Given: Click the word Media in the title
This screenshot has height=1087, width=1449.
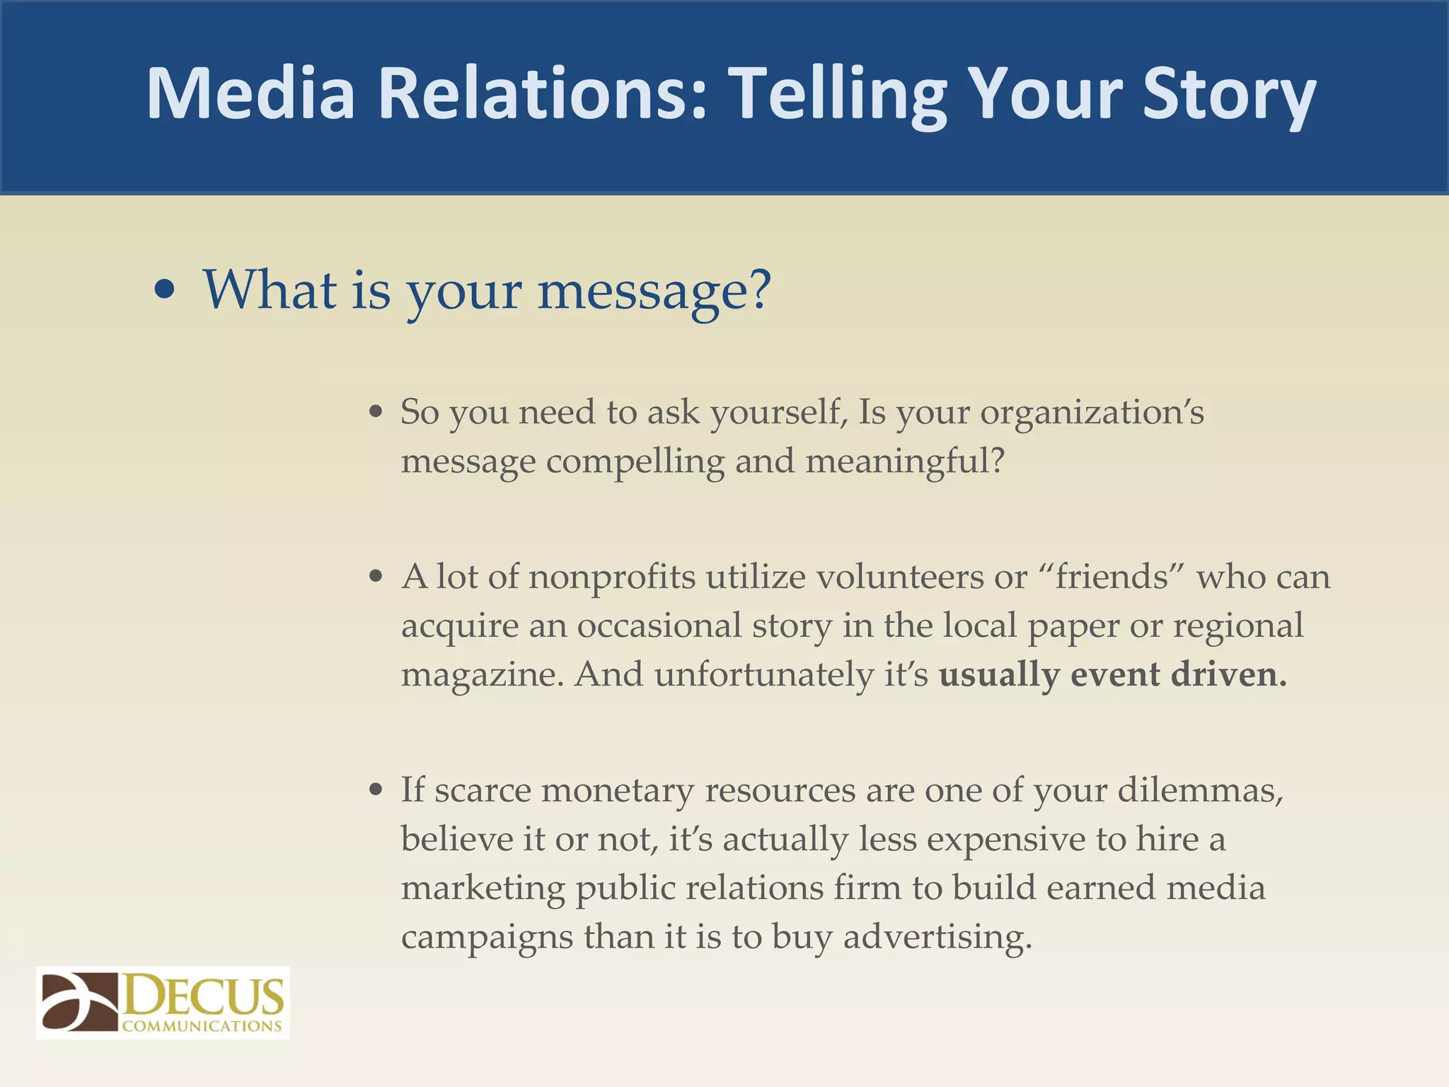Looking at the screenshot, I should tap(250, 93).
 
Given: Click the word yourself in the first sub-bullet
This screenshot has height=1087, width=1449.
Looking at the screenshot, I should tap(778, 413).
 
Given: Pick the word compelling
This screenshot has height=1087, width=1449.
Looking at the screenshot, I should tap(635, 461).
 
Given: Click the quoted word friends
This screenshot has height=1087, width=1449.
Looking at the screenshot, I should tap(1112, 577).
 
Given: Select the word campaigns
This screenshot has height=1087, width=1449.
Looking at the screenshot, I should tap(487, 937).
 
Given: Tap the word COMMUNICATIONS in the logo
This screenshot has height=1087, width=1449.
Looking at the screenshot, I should tap(202, 1026).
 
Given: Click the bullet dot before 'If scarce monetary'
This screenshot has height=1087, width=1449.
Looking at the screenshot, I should tap(376, 790).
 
